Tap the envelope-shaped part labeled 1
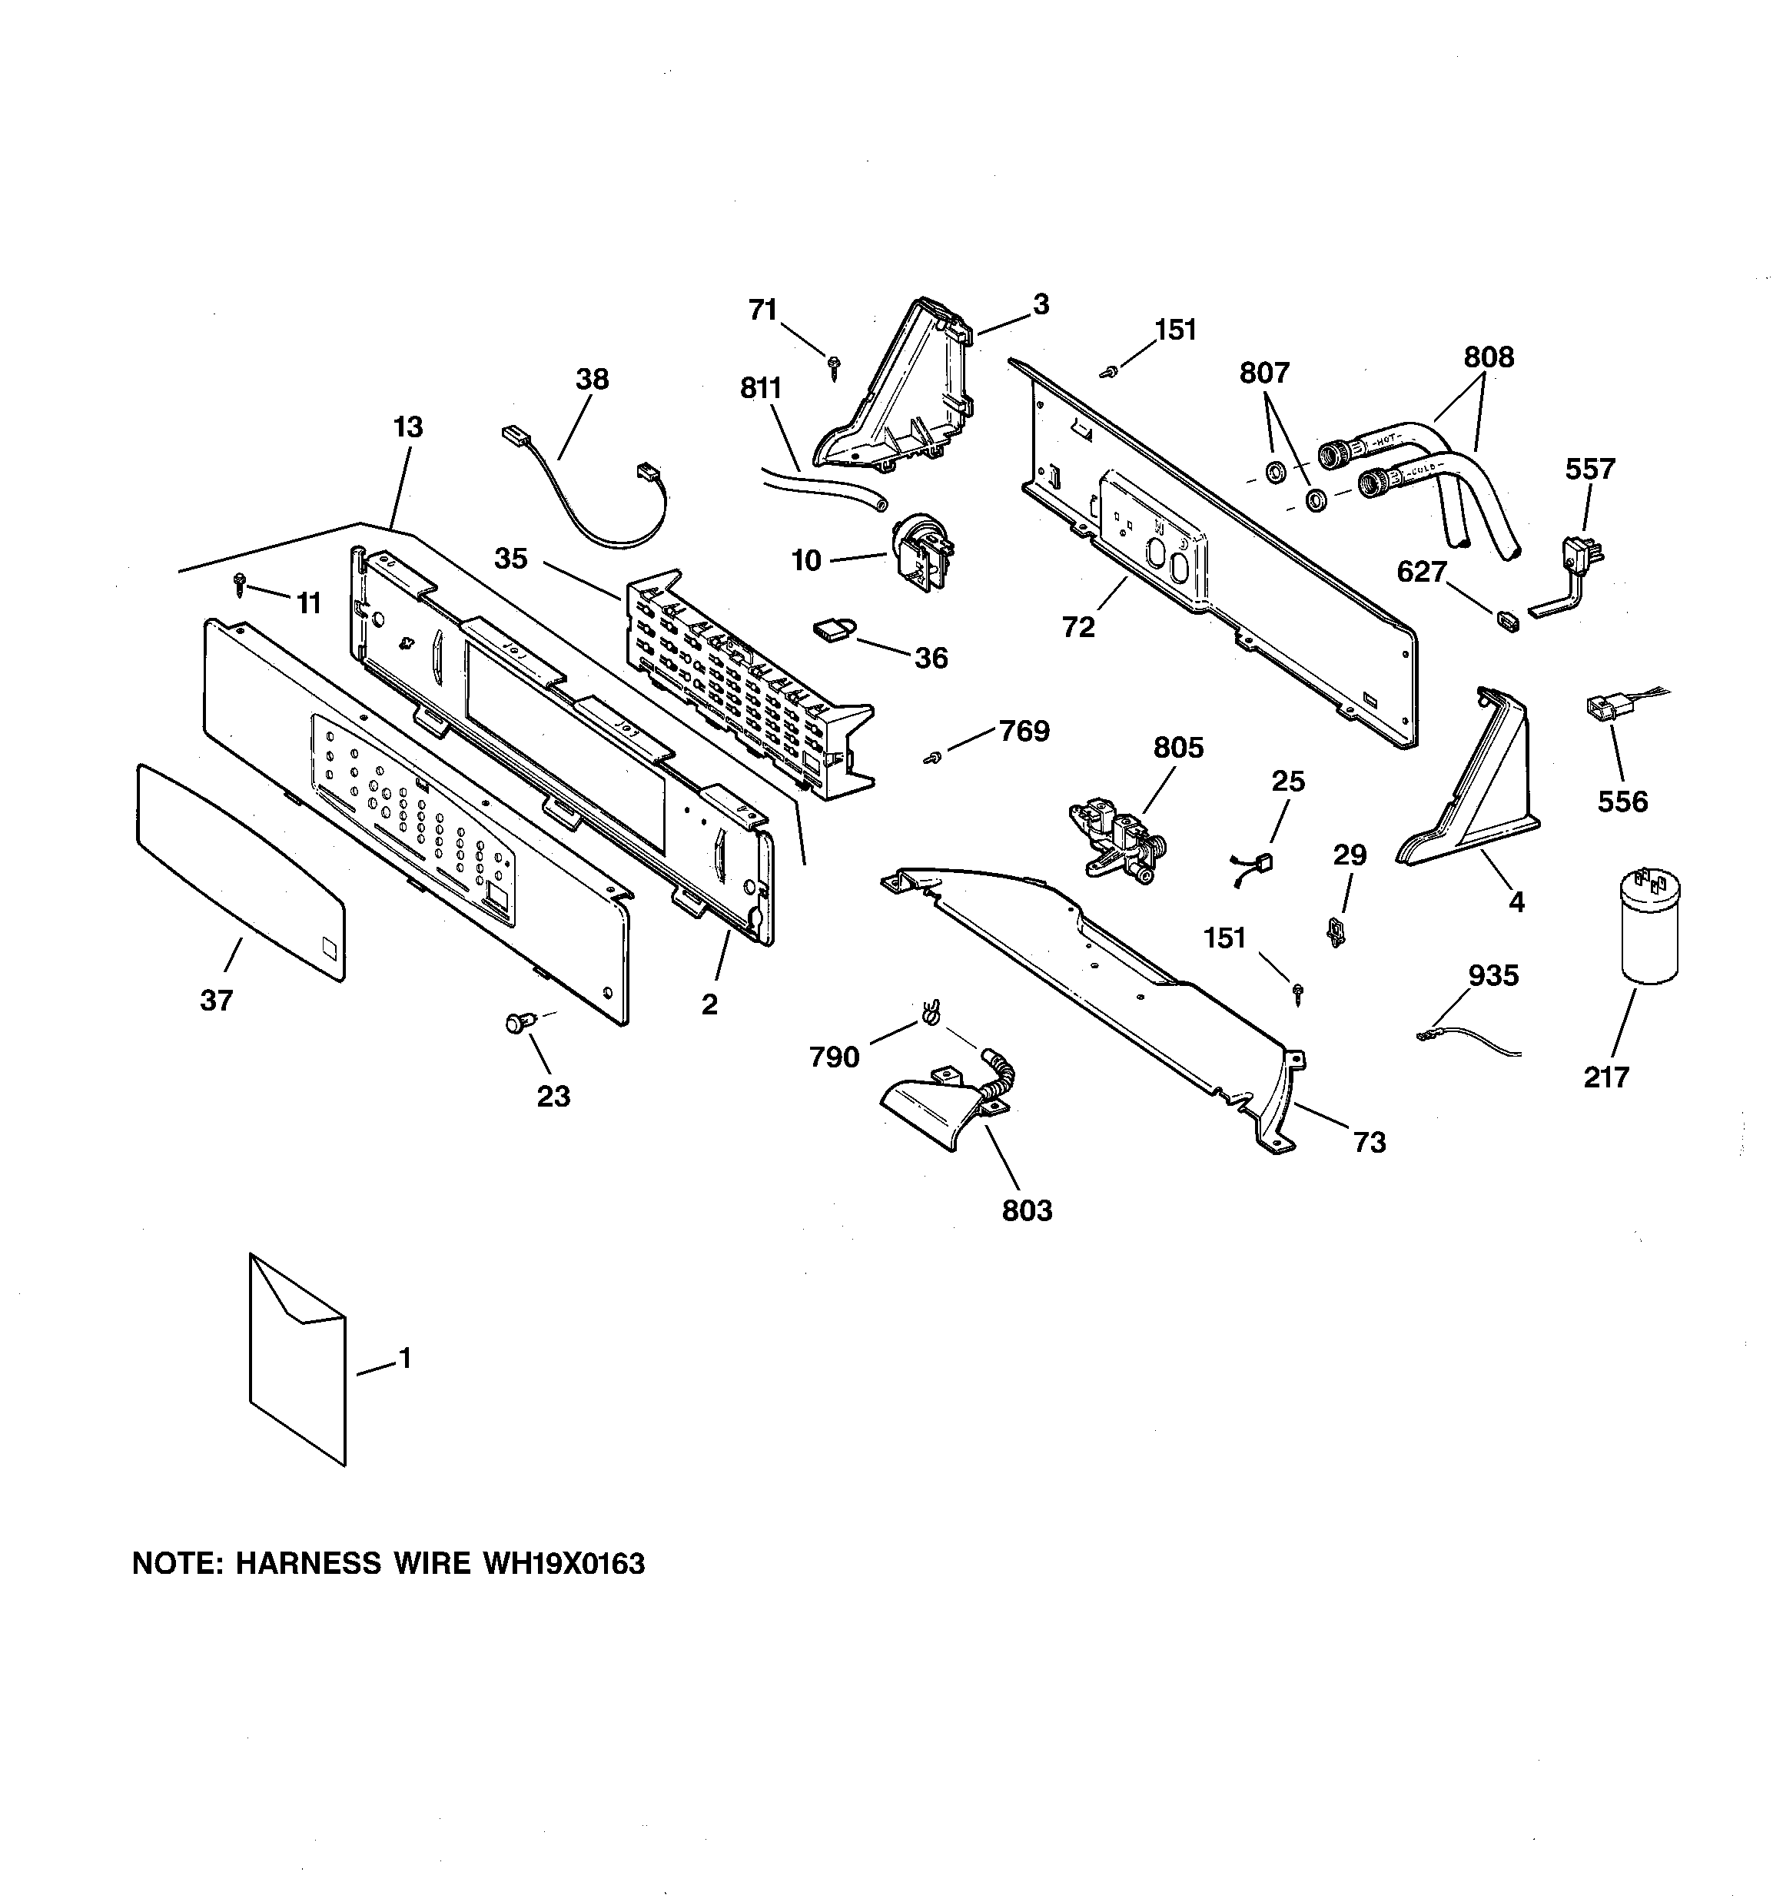pyautogui.click(x=297, y=1359)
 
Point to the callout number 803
pyautogui.click(x=1026, y=1210)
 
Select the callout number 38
pyautogui.click(x=592, y=379)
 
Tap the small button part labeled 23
pyautogui.click(x=518, y=1024)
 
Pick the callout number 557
pyautogui.click(x=1589, y=469)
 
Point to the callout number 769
pyautogui.click(x=1024, y=731)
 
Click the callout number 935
pyautogui.click(x=1493, y=975)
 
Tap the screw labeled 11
pyautogui.click(x=239, y=583)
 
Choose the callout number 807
pyautogui.click(x=1264, y=372)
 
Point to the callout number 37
pyautogui.click(x=216, y=1001)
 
